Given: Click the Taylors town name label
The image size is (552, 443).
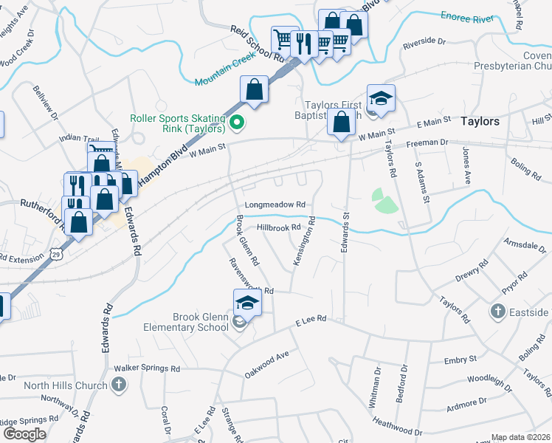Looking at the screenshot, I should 480,121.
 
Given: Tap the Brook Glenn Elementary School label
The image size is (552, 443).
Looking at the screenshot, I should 200,322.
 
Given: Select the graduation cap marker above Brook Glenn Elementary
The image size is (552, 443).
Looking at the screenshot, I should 248,302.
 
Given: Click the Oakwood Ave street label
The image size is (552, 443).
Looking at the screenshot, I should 266,365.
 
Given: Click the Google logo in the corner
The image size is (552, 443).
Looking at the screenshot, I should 24,434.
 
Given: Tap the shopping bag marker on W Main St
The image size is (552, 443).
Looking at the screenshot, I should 342,123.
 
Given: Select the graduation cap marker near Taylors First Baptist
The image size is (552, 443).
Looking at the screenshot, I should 381,99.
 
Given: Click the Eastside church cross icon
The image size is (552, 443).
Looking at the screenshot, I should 499,312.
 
